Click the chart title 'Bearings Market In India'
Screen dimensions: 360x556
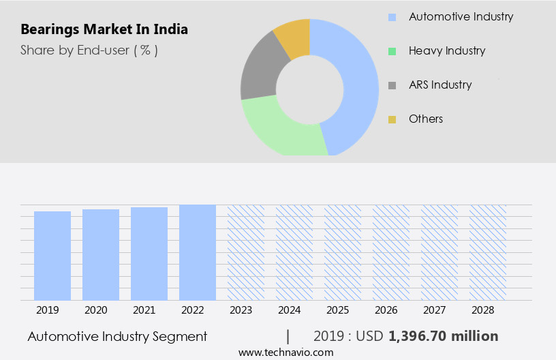pos(104,30)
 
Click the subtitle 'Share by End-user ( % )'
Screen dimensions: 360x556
pos(89,50)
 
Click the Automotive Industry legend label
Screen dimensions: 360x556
pos(461,16)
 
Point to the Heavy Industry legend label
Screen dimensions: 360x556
pos(447,50)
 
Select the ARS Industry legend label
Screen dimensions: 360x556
pos(440,85)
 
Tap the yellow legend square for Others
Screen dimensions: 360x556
pos(392,119)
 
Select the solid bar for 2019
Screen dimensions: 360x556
pos(52,256)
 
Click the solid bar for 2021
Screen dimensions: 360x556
pos(149,254)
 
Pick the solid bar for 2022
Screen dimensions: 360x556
pos(198,252)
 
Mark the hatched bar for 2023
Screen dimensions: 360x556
pos(246,252)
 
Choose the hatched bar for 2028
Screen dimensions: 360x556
pos(488,252)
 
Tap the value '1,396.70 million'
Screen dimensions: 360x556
pos(443,336)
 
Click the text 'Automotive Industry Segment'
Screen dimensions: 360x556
pos(117,336)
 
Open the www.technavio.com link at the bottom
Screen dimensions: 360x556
pos(286,352)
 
